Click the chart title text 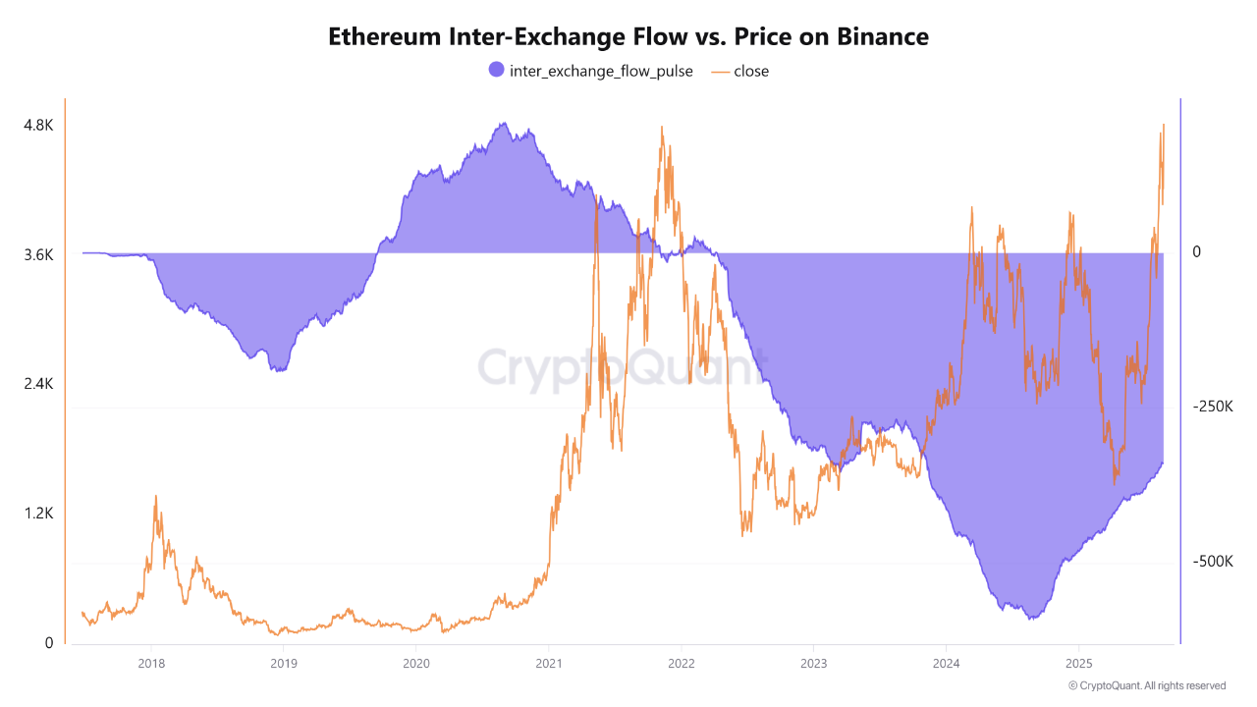pyautogui.click(x=628, y=37)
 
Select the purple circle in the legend pyautogui.click(x=496, y=70)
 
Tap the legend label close pyautogui.click(x=751, y=71)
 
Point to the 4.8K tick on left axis pyautogui.click(x=38, y=126)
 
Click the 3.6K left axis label pyautogui.click(x=38, y=255)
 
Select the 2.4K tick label pyautogui.click(x=38, y=384)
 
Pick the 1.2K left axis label pyautogui.click(x=38, y=514)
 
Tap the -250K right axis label pyautogui.click(x=1212, y=407)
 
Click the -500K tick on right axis pyautogui.click(x=1212, y=562)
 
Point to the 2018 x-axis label pyautogui.click(x=151, y=663)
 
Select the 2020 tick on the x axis pyautogui.click(x=415, y=663)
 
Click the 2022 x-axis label pyautogui.click(x=681, y=663)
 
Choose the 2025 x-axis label pyautogui.click(x=1078, y=663)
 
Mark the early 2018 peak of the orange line pyautogui.click(x=155, y=497)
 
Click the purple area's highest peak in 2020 pyautogui.click(x=503, y=124)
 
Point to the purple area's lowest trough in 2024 pyautogui.click(x=1030, y=619)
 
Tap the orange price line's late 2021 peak pyautogui.click(x=662, y=128)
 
